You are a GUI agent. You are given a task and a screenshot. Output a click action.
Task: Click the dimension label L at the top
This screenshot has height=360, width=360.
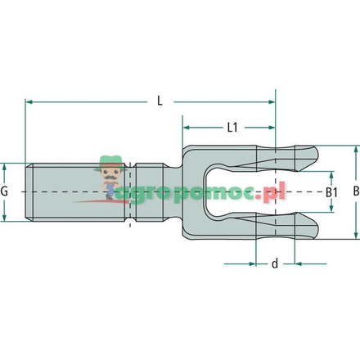pyautogui.click(x=159, y=101)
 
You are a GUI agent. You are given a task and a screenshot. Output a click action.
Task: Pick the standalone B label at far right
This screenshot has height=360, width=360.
pyautogui.click(x=354, y=191)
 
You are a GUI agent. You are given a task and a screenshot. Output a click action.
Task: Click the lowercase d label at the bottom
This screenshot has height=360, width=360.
pyautogui.click(x=274, y=263)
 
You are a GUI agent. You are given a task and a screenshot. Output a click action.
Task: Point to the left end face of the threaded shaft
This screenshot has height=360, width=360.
pyautogui.click(x=26, y=191)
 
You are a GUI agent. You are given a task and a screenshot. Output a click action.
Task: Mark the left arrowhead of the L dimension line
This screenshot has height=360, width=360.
pyautogui.click(x=30, y=101)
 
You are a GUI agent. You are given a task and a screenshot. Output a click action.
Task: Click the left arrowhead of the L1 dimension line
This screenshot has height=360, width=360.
pyautogui.click(x=187, y=128)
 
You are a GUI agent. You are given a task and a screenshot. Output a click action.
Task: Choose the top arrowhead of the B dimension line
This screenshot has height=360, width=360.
pyautogui.click(x=354, y=150)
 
